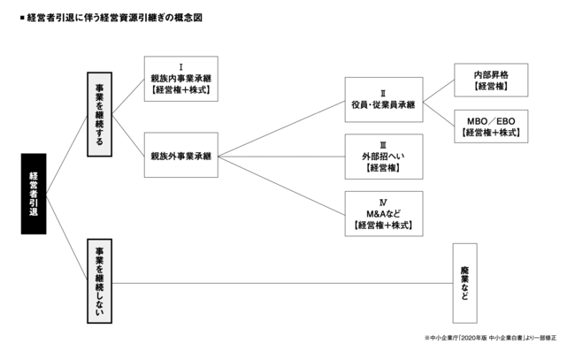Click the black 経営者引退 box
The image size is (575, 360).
pyautogui.click(x=34, y=193)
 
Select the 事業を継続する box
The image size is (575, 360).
pyautogui.click(x=99, y=113)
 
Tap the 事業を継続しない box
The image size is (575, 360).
pyautogui.click(x=99, y=282)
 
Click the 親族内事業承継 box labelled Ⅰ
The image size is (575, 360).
pyautogui.click(x=180, y=79)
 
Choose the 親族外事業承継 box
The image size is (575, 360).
pyautogui.click(x=180, y=157)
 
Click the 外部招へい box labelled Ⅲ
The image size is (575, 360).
pyautogui.click(x=383, y=157)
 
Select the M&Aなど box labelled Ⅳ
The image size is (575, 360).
pyautogui.click(x=383, y=213)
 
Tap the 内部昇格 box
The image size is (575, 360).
pyautogui.click(x=490, y=80)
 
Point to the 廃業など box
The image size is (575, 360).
pyautogui.click(x=464, y=283)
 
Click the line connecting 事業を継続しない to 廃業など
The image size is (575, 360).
pyautogui.click(x=283, y=283)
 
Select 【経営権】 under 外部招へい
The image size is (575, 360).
pyautogui.click(x=383, y=166)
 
